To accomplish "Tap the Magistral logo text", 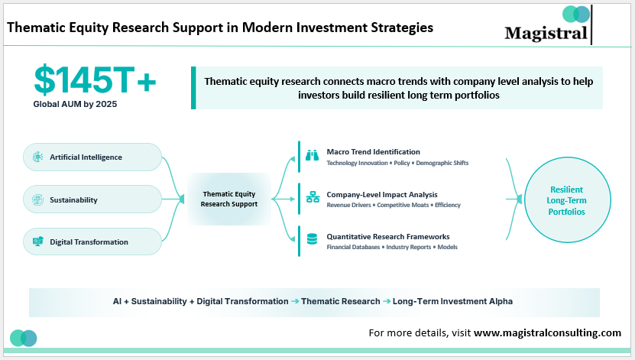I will [546, 33].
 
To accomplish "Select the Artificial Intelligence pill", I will [92, 157].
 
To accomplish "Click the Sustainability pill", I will [92, 199].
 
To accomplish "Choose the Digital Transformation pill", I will [92, 242].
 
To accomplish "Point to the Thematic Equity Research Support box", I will [229, 199].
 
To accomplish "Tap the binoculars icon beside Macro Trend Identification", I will [312, 155].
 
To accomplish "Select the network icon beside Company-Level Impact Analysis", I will [312, 198].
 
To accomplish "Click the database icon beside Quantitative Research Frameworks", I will [312, 240].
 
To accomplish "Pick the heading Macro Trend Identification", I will [373, 151].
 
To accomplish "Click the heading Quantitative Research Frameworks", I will [387, 236].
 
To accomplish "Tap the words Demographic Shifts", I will [443, 163].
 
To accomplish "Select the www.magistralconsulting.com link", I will [547, 332].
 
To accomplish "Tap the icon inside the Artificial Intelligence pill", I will [37, 157].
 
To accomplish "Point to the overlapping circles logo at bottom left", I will [24, 338].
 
